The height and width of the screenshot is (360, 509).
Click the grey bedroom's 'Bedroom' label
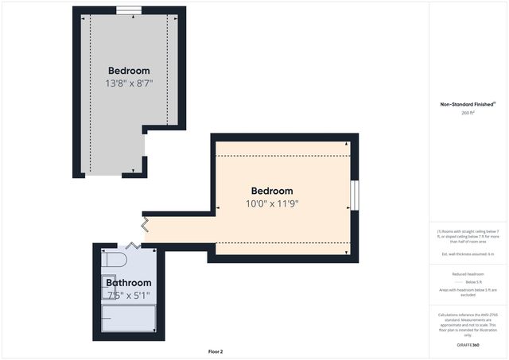[x=129, y=71]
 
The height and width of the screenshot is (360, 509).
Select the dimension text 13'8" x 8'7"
[x=129, y=83]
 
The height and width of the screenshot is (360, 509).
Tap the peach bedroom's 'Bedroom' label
[x=272, y=191]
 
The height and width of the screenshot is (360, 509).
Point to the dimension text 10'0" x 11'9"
[x=272, y=203]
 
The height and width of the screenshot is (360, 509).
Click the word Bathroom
[x=128, y=283]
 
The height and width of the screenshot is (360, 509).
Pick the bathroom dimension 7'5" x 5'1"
[x=128, y=296]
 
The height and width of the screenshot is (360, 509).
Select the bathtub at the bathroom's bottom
[x=128, y=318]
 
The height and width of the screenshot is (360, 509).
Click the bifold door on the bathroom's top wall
[x=132, y=246]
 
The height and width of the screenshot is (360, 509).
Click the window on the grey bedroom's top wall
[x=128, y=10]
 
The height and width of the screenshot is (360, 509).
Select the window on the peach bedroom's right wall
[x=355, y=195]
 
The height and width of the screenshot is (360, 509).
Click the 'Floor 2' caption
[x=216, y=350]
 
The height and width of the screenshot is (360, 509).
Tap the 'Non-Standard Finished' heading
[x=468, y=104]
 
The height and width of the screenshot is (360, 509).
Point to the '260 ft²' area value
[x=468, y=113]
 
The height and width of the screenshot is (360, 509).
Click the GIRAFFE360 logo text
[x=468, y=346]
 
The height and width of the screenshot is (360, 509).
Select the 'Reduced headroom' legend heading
[x=468, y=273]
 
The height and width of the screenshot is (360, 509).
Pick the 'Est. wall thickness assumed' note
[x=468, y=254]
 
